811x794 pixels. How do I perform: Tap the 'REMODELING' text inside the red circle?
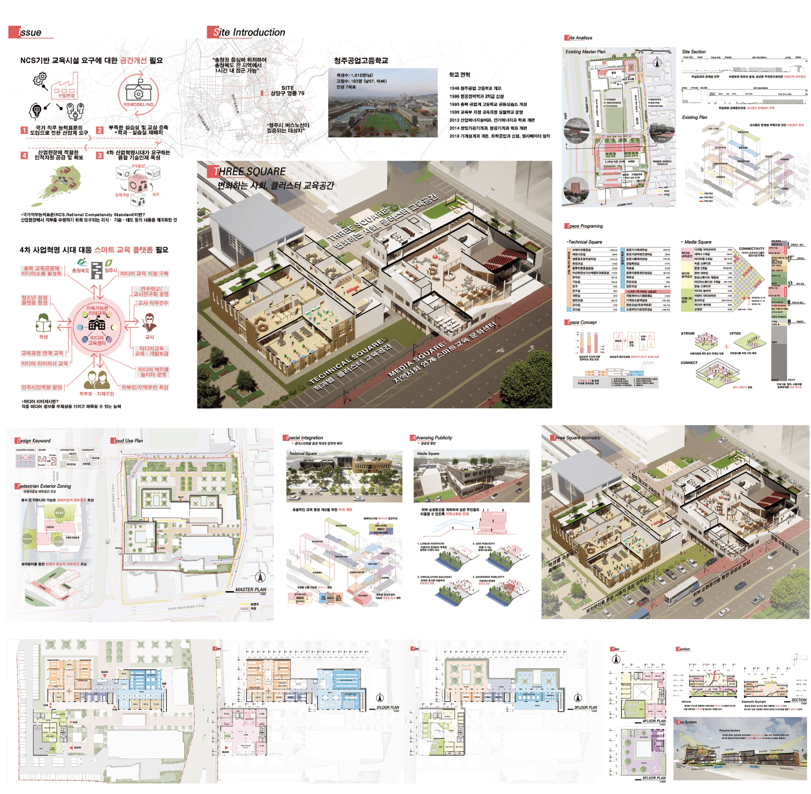(138, 104)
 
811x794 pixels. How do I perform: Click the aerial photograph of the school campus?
(382, 103)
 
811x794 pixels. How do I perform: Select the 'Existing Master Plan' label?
(585, 52)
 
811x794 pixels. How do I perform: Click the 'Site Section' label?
(693, 52)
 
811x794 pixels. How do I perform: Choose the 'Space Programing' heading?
(585, 226)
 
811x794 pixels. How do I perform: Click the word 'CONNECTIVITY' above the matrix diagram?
(751, 249)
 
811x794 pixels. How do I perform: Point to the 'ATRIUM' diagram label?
(688, 333)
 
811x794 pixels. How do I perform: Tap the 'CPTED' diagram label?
(735, 333)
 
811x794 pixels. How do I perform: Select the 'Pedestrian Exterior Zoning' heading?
(44, 486)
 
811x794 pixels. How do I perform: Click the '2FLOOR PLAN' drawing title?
(387, 707)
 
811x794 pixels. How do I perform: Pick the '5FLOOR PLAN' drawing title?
(654, 778)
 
